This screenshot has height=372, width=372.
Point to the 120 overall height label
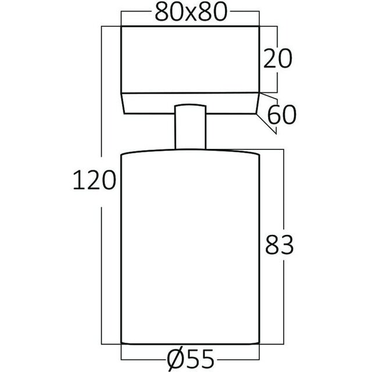[93, 181]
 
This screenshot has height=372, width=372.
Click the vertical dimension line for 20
[277, 81]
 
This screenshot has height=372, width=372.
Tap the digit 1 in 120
[77, 181]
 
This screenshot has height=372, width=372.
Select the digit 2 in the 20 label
[269, 59]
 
